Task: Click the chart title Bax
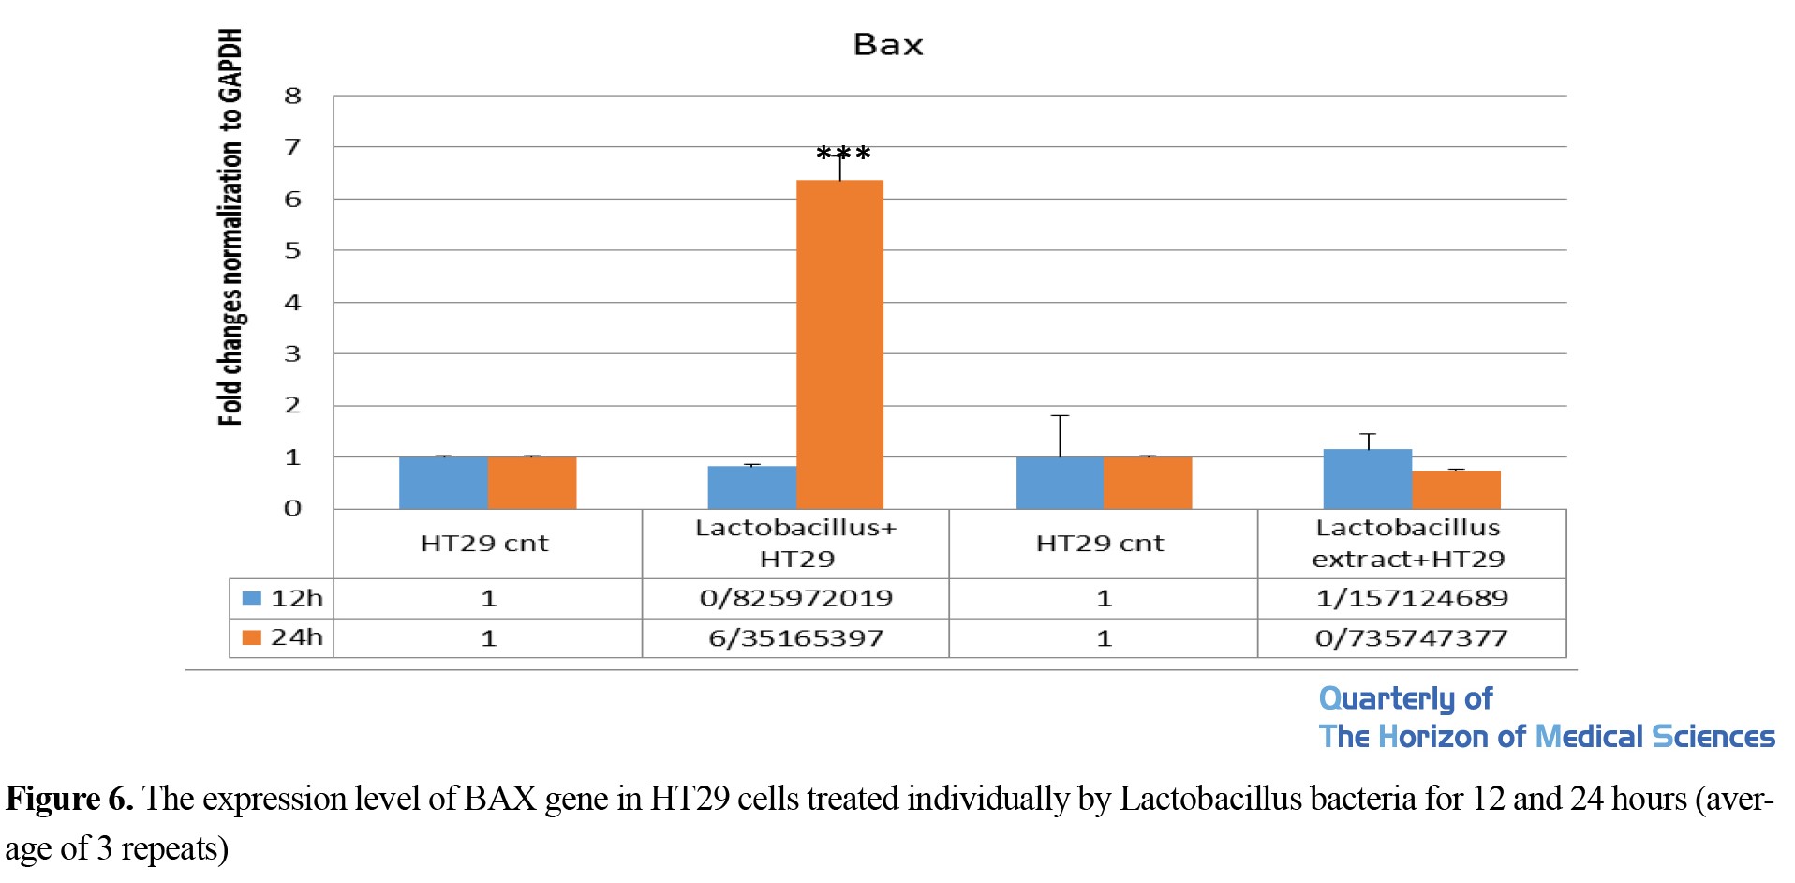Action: click(x=888, y=44)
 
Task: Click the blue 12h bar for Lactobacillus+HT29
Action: click(x=751, y=487)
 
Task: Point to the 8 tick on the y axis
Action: click(x=293, y=96)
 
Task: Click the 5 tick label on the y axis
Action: click(x=293, y=250)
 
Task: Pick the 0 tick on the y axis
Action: click(x=293, y=509)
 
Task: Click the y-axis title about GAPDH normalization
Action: click(x=230, y=227)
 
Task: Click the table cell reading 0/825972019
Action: click(x=795, y=598)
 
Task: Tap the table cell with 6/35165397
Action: click(x=795, y=638)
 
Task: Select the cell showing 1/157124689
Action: click(x=1412, y=598)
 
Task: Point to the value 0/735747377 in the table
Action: click(x=1412, y=638)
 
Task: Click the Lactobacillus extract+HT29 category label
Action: click(x=1408, y=544)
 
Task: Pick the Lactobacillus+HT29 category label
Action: click(x=796, y=544)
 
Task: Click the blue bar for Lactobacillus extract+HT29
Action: click(x=1367, y=479)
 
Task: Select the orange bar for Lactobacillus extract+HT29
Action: click(x=1456, y=490)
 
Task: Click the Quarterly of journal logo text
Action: click(x=1405, y=698)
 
